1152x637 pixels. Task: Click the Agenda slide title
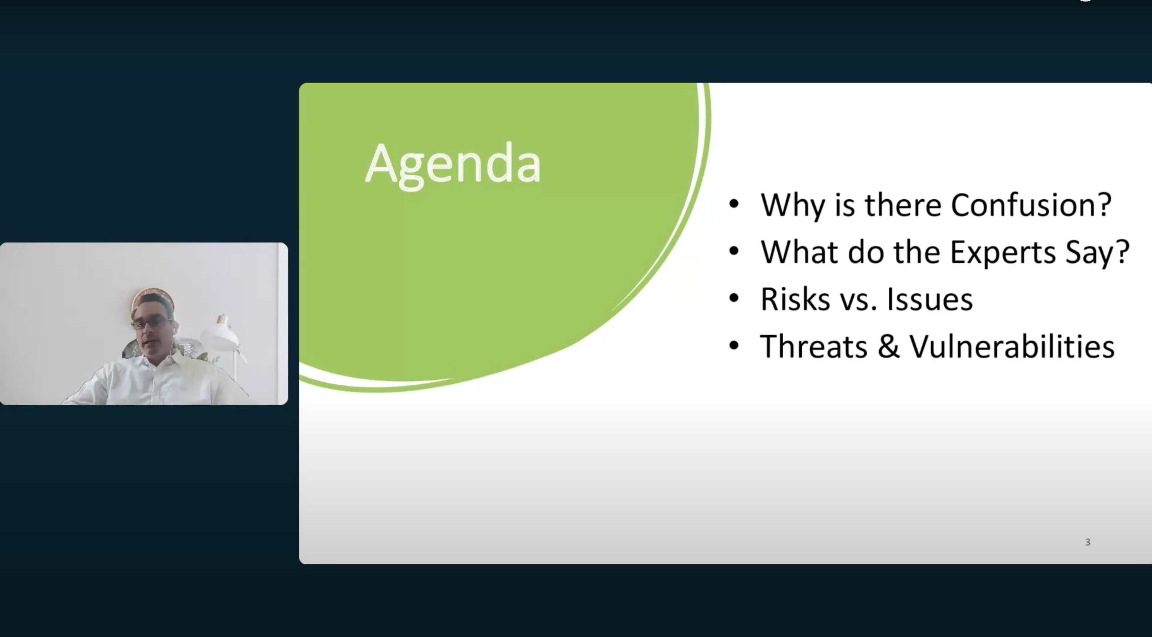pyautogui.click(x=453, y=164)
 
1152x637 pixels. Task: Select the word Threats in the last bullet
pyautogui.click(x=814, y=346)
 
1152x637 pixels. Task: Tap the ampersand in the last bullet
pyautogui.click(x=888, y=346)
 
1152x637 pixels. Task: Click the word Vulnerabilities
pyautogui.click(x=1012, y=346)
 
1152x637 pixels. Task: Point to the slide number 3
pyautogui.click(x=1088, y=542)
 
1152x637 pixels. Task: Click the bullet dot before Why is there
pyautogui.click(x=734, y=204)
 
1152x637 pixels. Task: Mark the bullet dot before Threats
pyautogui.click(x=734, y=346)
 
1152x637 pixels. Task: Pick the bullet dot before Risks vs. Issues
pyautogui.click(x=734, y=298)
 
